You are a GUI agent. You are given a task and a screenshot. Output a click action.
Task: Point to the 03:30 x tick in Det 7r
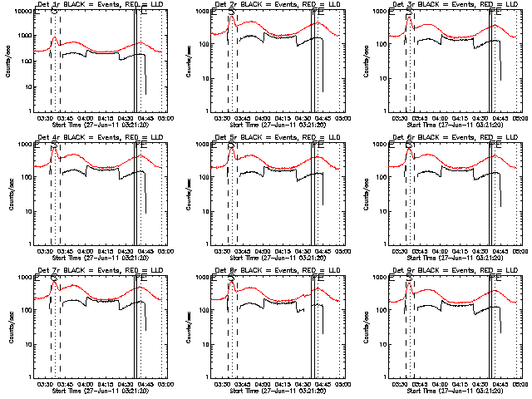pyautogui.click(x=46, y=385)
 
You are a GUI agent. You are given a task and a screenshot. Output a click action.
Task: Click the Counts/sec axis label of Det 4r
pyautogui.click(x=11, y=194)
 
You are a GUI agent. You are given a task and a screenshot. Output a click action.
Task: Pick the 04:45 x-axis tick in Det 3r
pyautogui.click(x=501, y=119)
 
